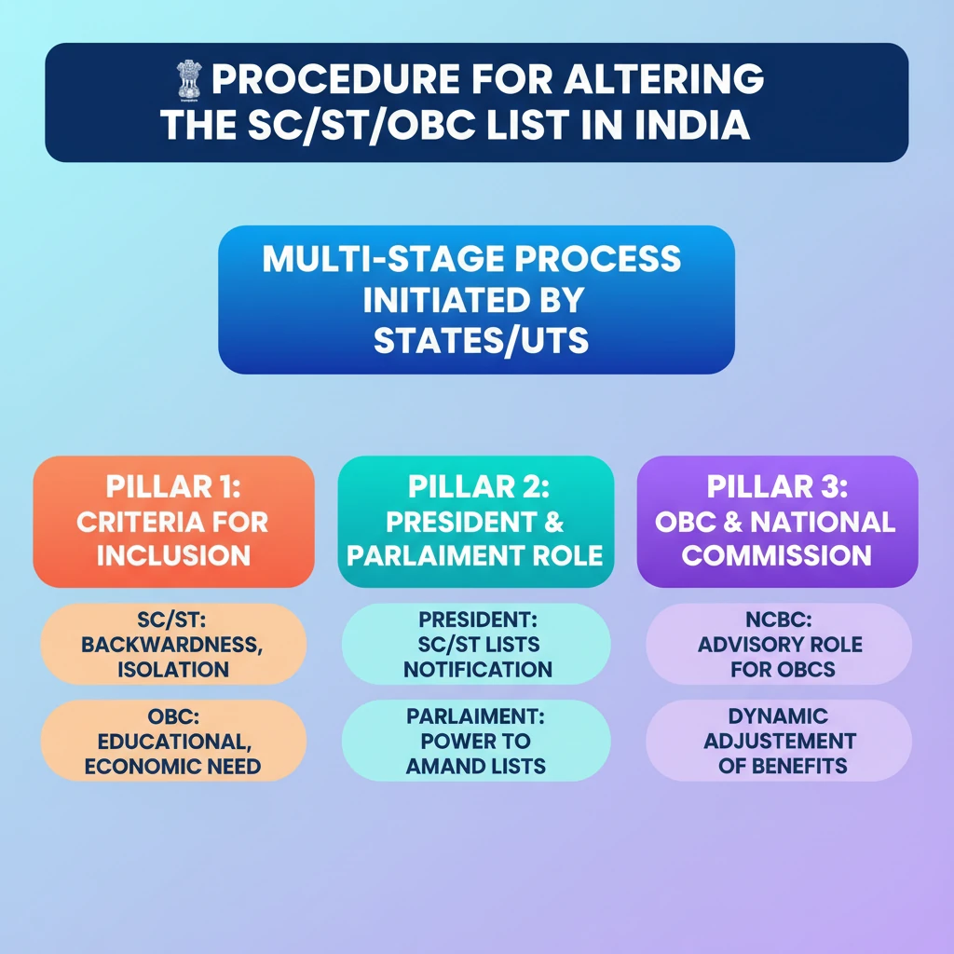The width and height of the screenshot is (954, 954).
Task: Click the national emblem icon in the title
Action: coord(190,79)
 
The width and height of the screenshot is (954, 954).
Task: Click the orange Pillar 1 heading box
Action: coord(173,521)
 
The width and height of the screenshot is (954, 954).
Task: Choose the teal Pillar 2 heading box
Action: coord(475,521)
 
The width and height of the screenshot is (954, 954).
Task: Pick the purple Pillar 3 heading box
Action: coord(777,521)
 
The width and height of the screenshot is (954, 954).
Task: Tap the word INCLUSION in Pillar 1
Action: coord(174,555)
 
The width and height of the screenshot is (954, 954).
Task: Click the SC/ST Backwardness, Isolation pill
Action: coord(174,645)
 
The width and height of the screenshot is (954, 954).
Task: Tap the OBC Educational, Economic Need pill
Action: coord(174,742)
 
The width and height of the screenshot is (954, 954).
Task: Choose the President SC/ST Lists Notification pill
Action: coord(476,645)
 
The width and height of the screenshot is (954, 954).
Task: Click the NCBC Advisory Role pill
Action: coord(779,645)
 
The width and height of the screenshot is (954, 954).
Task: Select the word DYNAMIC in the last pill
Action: coord(780,717)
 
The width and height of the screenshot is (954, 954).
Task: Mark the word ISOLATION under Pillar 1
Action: coord(174,669)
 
